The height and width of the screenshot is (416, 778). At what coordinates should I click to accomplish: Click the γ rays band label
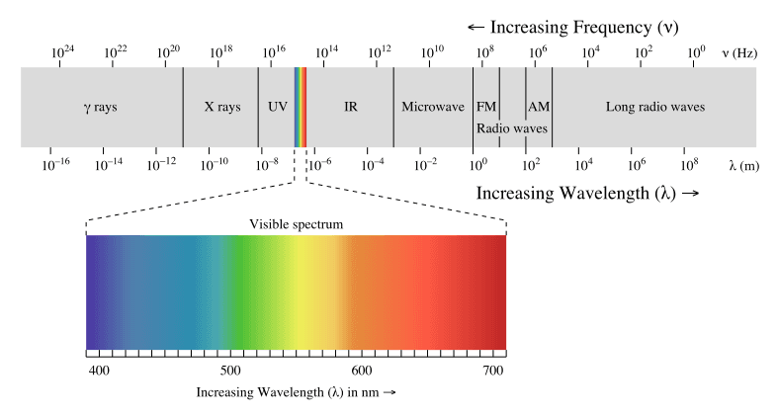pos(100,107)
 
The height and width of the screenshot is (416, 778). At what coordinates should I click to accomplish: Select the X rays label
pos(221,107)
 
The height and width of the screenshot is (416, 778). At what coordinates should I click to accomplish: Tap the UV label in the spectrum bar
pos(277,107)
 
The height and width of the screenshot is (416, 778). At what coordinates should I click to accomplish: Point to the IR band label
pos(350,107)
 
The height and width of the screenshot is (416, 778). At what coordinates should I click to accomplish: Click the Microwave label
pos(432,107)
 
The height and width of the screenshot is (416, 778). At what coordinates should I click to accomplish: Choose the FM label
pos(486,107)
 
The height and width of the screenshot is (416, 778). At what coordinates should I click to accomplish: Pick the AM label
pos(539,107)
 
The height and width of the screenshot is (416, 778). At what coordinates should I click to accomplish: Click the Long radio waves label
pos(655,107)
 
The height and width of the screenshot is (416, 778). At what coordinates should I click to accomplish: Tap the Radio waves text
pos(511,128)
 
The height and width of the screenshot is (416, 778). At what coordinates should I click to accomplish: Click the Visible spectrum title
pos(296,224)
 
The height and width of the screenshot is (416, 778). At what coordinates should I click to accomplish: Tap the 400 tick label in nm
pos(99,370)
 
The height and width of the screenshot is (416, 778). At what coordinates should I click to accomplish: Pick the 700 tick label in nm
pos(491,370)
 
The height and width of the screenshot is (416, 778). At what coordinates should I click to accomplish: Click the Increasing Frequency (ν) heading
pos(572,26)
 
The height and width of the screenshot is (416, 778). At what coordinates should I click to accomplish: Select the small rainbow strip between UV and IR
pos(301,107)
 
